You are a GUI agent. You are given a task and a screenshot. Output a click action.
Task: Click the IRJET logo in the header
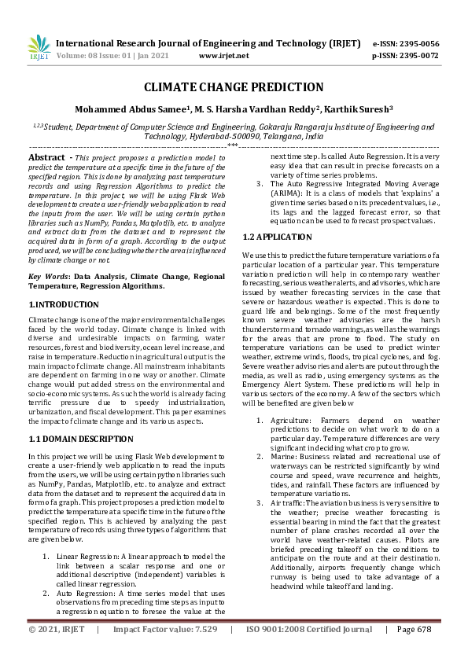tap(39, 48)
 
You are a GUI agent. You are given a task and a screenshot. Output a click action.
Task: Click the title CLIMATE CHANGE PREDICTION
tap(234, 87)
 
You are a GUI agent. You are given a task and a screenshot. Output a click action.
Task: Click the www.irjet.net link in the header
tap(224, 56)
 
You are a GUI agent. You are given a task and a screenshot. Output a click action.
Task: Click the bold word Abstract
tap(46, 157)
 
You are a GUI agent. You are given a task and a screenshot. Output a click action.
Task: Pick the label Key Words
tap(47, 277)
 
